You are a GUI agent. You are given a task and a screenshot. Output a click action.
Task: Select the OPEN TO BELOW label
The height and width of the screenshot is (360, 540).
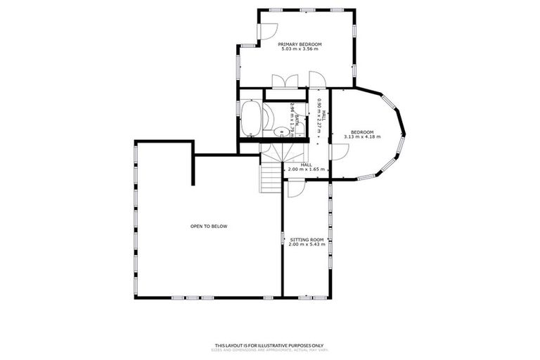click(209, 226)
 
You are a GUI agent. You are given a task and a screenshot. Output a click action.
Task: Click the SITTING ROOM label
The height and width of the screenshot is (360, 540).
click(306, 240)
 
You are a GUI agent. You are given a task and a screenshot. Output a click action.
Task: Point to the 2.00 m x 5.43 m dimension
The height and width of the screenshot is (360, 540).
click(306, 245)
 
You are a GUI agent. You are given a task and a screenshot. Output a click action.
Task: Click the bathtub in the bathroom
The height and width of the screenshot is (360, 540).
click(250, 119)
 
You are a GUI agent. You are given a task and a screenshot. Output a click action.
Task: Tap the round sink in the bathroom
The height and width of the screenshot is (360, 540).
click(279, 130)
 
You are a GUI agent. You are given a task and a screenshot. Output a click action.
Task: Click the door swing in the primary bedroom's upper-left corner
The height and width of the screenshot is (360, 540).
click(267, 32)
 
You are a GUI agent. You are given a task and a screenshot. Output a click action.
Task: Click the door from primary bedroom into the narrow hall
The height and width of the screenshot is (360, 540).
click(316, 79)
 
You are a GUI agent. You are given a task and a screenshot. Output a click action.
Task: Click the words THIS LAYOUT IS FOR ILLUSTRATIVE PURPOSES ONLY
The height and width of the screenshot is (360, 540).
click(269, 345)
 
